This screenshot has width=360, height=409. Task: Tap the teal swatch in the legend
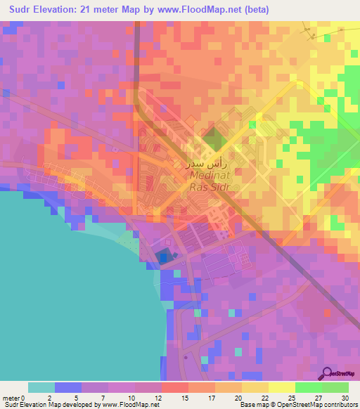coord(41,387)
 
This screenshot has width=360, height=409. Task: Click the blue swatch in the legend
coord(67,387)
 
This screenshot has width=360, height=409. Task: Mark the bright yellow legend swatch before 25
coord(281,387)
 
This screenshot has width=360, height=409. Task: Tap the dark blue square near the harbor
coord(163,258)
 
